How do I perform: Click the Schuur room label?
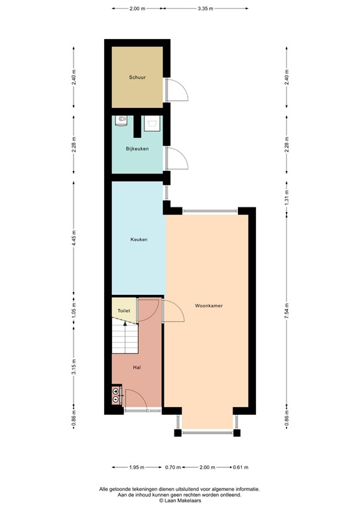point(137,78)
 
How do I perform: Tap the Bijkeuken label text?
point(137,149)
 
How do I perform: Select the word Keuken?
point(138,239)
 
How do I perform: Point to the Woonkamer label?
point(208,306)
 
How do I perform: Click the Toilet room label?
point(123,310)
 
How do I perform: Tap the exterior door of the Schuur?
point(177,91)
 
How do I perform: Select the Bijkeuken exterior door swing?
point(177,158)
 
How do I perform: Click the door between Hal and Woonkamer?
point(172,310)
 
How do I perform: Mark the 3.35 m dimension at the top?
point(206,9)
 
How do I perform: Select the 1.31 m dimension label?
point(286,197)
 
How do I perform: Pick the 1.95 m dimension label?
point(135,468)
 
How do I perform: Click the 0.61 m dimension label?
point(241,468)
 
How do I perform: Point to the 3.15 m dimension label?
point(74,367)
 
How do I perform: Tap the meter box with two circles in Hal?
point(117,396)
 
